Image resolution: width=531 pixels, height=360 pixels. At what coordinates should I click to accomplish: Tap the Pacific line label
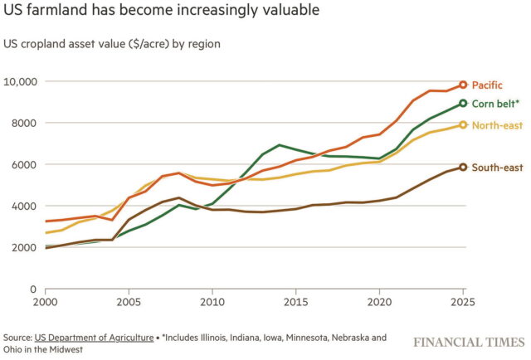coord(487,85)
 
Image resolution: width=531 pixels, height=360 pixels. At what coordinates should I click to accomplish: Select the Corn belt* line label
coord(496,105)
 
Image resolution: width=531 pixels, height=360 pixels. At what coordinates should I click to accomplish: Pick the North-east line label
coord(496,125)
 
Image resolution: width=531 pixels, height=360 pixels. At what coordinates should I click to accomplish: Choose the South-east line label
coord(497,168)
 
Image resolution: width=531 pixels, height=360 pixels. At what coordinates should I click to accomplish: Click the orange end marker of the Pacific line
coord(464,85)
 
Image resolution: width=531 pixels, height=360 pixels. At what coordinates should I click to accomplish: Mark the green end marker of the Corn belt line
coord(464,104)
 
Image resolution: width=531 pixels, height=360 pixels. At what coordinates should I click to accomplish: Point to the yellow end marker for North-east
coord(464,125)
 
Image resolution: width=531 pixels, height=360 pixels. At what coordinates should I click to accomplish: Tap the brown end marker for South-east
coord(464,167)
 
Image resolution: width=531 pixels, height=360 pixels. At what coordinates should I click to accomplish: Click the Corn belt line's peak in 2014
coord(280,145)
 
